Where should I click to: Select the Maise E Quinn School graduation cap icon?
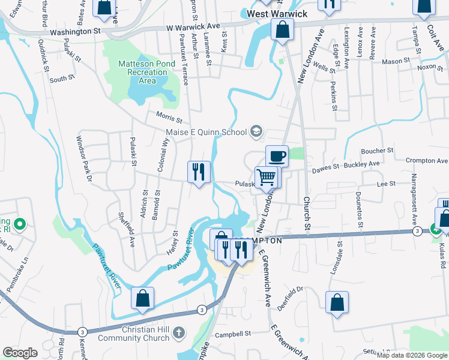pyautogui.click(x=256, y=131)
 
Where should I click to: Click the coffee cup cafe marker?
pyautogui.click(x=277, y=157)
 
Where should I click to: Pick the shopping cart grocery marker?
pyautogui.click(x=267, y=178)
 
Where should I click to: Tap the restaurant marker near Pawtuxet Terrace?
pyautogui.click(x=199, y=172)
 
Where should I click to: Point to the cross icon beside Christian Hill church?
pyautogui.click(x=178, y=332)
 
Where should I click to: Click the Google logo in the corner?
pyautogui.click(x=20, y=353)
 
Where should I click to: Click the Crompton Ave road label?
pyautogui.click(x=426, y=161)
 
